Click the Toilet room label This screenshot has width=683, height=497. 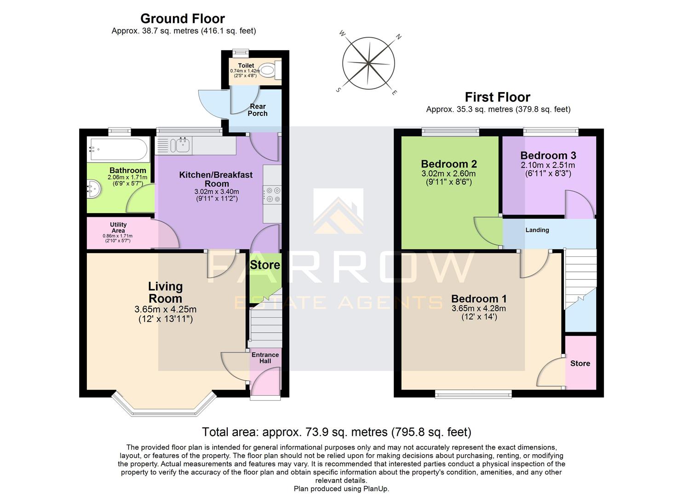[x=246, y=66]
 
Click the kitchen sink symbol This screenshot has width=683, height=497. [x=180, y=145]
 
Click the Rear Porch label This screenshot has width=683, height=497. [x=258, y=110]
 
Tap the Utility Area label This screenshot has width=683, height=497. [x=118, y=227]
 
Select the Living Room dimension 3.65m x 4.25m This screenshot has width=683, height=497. [x=166, y=309]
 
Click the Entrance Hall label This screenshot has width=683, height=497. [x=265, y=358]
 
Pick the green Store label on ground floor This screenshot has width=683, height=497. [x=265, y=265]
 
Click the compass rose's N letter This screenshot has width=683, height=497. [x=399, y=37]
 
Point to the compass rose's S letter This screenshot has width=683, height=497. [x=339, y=90]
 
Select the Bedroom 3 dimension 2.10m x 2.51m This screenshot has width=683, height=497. [x=548, y=165]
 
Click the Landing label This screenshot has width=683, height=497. [x=537, y=230]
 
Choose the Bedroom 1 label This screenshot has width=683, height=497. [x=479, y=299]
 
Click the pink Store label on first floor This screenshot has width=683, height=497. [x=580, y=364]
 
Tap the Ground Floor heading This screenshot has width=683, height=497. [x=183, y=19]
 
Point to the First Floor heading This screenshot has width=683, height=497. [x=498, y=97]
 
